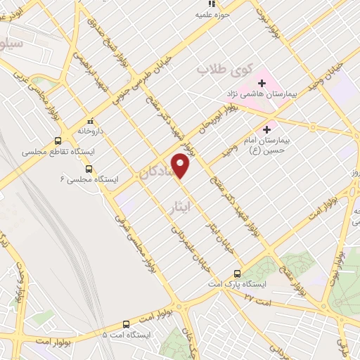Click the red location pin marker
click(x=181, y=167)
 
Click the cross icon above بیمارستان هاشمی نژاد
click(x=262, y=83)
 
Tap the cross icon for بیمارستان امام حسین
click(x=266, y=129)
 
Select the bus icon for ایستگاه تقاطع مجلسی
click(x=67, y=139)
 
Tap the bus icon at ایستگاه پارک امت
click(x=237, y=273)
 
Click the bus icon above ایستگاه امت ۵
click(x=126, y=324)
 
